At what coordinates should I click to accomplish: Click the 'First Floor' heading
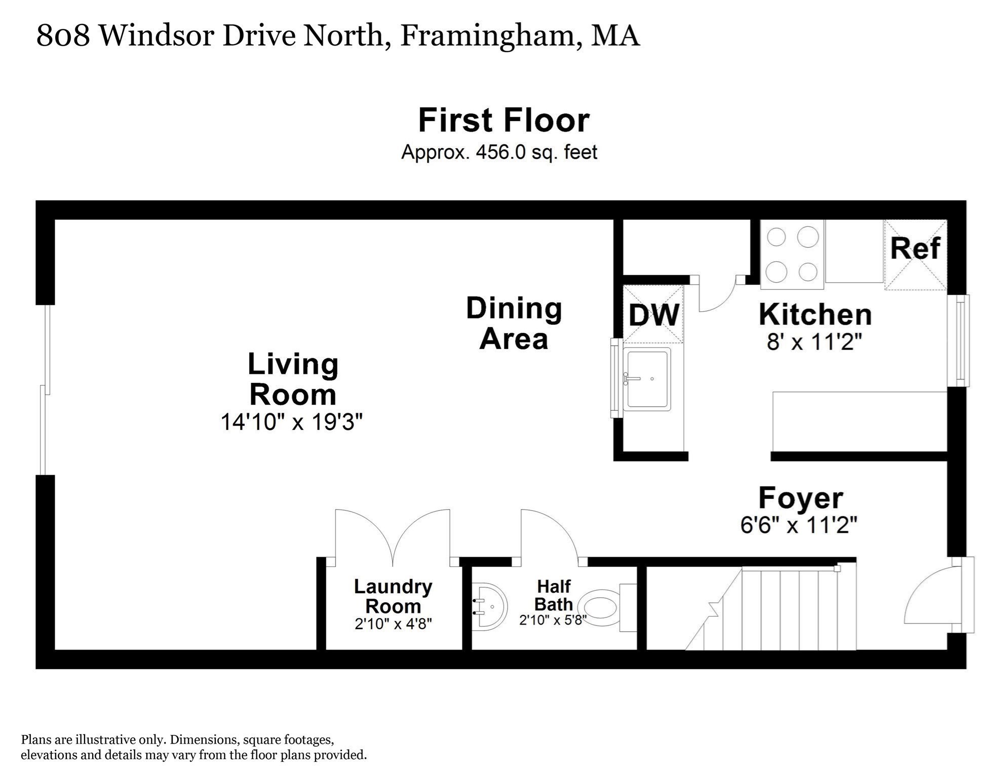point(503,121)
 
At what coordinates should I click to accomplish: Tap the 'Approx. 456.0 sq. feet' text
point(499,152)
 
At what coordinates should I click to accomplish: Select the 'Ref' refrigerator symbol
point(915,254)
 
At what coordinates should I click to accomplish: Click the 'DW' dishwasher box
point(653,314)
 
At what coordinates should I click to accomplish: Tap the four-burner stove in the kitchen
point(792,254)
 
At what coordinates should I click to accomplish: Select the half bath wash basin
point(489,607)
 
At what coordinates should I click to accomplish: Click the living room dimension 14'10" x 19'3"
point(292,421)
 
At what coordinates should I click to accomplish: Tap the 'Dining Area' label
point(514,324)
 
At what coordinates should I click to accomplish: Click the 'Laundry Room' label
point(393,596)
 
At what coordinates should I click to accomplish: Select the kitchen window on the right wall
point(958,340)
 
